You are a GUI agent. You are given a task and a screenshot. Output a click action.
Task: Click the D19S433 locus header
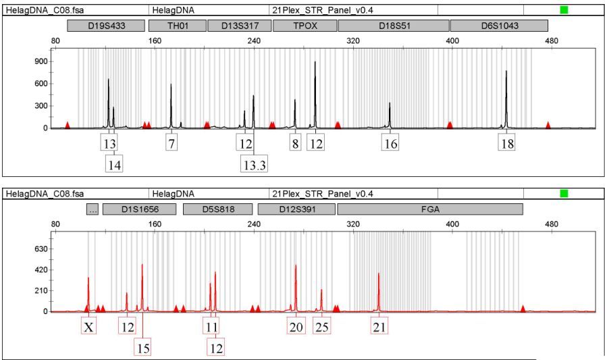point(107,26)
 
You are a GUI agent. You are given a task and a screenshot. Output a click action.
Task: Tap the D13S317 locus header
point(239,26)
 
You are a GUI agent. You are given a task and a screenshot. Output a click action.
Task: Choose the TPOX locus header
point(305,26)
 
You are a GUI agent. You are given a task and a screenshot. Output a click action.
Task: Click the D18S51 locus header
point(394,26)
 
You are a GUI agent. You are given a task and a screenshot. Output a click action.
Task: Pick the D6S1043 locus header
point(499,26)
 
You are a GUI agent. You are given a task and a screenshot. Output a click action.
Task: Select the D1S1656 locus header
point(140,209)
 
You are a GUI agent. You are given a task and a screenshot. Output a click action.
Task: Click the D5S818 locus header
point(217,209)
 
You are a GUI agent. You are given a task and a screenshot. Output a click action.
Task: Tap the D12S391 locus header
point(296,209)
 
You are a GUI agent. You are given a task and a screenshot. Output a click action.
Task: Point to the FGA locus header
point(429,209)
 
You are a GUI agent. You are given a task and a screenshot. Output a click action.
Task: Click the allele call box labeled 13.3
point(253,163)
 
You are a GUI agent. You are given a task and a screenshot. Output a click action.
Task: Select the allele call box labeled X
point(88,328)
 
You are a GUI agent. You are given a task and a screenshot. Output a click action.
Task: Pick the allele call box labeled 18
point(506,143)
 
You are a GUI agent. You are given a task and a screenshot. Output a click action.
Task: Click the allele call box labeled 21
point(379,328)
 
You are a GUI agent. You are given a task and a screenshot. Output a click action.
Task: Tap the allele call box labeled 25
point(321,328)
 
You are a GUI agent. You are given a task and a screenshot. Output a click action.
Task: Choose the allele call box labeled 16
point(390,143)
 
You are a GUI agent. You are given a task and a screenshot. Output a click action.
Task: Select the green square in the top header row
point(564,10)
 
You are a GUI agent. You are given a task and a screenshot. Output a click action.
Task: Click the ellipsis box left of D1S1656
point(93,209)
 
